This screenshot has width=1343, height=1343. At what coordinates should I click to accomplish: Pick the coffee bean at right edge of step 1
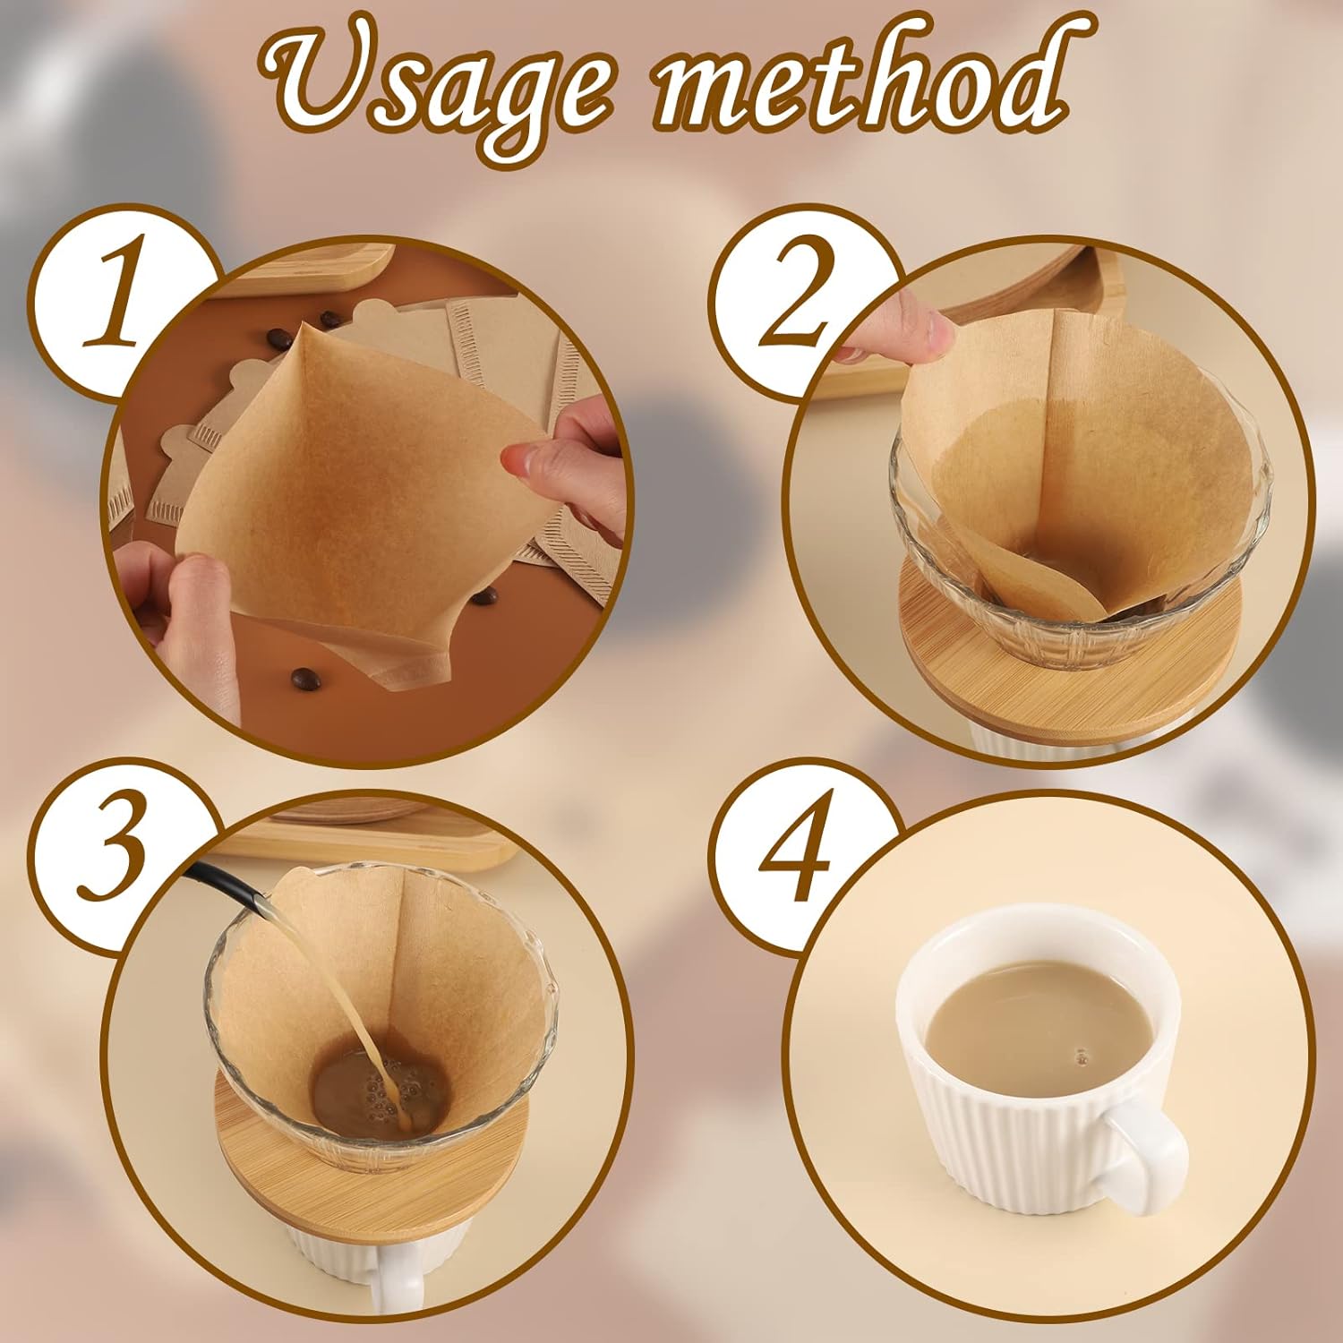click(483, 596)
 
